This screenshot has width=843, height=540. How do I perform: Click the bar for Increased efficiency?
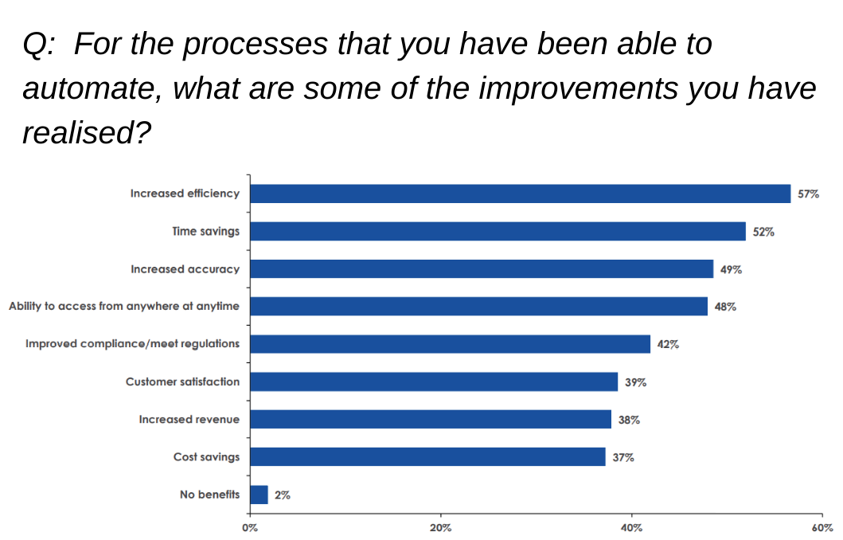520,194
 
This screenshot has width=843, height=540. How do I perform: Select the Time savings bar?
498,231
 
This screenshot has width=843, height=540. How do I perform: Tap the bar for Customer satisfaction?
434,382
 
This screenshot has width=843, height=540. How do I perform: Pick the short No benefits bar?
259,495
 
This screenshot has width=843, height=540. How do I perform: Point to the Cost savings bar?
427,456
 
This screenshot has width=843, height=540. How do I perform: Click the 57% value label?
808,194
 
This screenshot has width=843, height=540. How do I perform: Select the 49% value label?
731,269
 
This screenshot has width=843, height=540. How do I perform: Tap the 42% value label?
668,344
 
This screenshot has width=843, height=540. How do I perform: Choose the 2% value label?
283,495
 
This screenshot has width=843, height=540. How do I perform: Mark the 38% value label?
629,420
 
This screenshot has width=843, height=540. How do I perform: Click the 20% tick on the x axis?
440,527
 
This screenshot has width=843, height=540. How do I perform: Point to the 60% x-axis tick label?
822,527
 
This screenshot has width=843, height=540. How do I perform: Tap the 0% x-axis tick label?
250,527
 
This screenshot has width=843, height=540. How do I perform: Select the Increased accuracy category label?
185,269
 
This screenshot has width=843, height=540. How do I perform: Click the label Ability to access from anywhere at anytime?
123,307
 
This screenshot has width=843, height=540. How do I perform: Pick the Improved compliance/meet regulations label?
132,344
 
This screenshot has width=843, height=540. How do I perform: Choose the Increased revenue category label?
189,419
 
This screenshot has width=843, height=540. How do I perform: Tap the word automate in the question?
88,88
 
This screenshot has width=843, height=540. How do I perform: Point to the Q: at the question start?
38,45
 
